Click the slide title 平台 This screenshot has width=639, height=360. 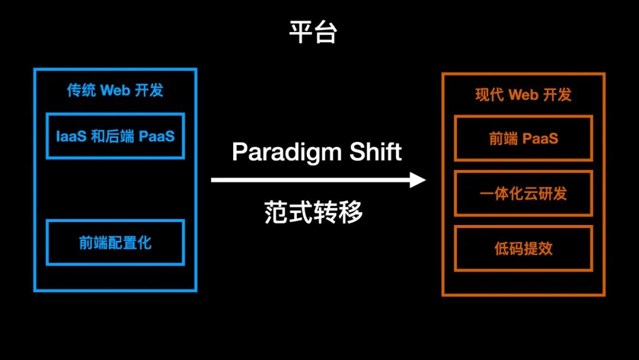point(313,33)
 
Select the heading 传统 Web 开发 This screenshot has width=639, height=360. point(115,90)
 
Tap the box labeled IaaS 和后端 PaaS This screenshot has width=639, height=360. point(115,136)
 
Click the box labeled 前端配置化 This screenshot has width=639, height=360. point(115,243)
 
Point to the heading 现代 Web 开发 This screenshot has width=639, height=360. point(523,95)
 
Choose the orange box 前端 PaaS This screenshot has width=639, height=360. point(523,139)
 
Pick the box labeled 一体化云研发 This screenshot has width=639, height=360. point(523,194)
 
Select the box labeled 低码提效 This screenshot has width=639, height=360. point(523,248)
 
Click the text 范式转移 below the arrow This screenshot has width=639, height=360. point(314,212)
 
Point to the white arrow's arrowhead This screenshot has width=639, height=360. point(419,180)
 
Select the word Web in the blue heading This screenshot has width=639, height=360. point(115,90)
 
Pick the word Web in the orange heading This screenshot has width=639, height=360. point(522,95)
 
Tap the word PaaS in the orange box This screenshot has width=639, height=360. point(540,139)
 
